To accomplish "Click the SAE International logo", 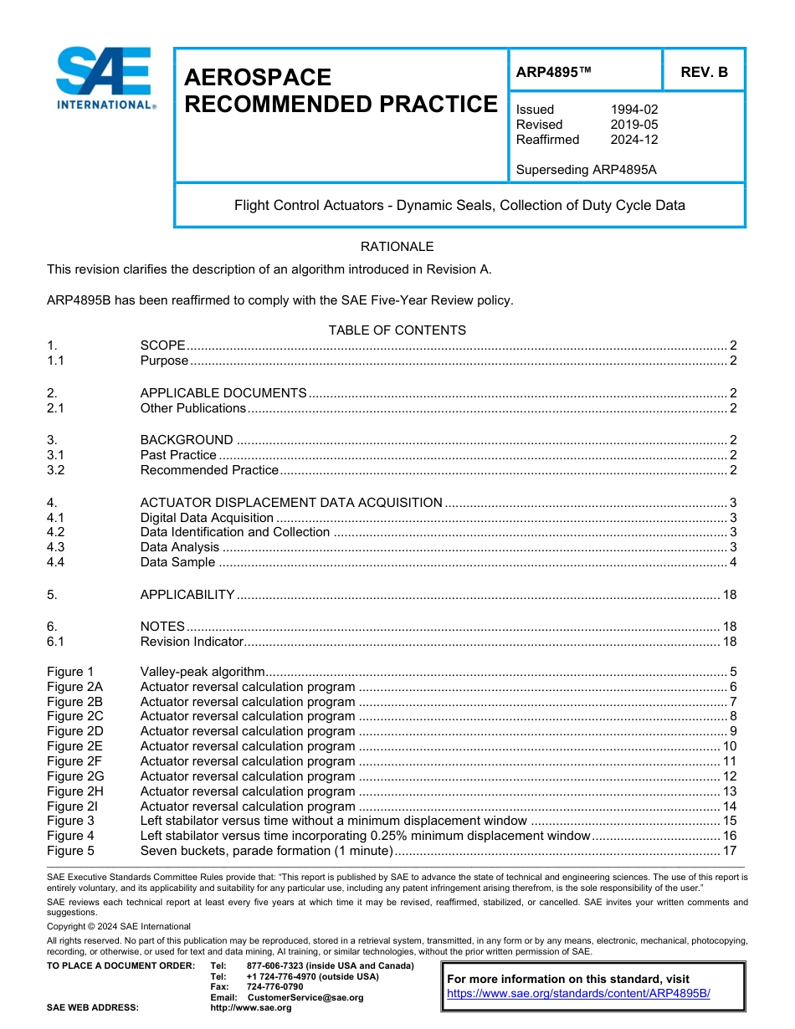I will click(105, 79).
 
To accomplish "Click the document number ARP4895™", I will click(553, 73).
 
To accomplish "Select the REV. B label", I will click(704, 73).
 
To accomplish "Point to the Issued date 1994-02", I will click(633, 110).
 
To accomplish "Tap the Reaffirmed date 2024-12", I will click(633, 140).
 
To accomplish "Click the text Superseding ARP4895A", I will click(586, 170).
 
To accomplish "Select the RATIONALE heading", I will click(397, 247).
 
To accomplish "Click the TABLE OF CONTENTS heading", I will click(397, 330).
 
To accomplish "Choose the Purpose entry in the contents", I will click(164, 361).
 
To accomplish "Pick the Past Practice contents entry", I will click(178, 455).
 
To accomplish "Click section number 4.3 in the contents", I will click(56, 547).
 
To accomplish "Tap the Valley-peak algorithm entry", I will click(203, 671).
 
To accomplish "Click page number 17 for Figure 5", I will click(729, 851).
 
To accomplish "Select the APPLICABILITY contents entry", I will click(187, 595).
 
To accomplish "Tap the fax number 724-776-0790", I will click(274, 987).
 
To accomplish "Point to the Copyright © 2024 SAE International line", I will click(119, 926).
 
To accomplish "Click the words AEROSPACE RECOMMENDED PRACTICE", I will click(340, 91).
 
